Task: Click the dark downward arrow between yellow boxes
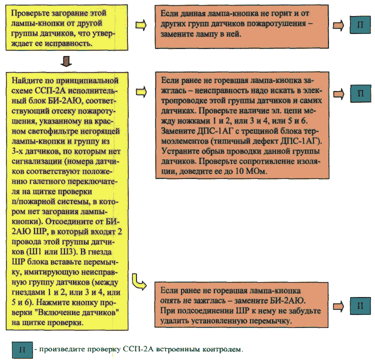66,61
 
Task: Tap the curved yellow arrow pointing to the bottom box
138,282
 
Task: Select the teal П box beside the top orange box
360,25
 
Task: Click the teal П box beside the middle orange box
360,93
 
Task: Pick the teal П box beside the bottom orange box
360,305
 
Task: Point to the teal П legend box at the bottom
22,350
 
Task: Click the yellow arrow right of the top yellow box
141,25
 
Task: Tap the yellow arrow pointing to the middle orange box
141,92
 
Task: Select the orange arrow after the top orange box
338,25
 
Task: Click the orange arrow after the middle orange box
339,94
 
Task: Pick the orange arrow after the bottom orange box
338,306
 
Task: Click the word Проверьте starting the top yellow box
26,13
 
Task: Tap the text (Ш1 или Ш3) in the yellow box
51,252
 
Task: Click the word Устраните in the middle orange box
177,151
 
